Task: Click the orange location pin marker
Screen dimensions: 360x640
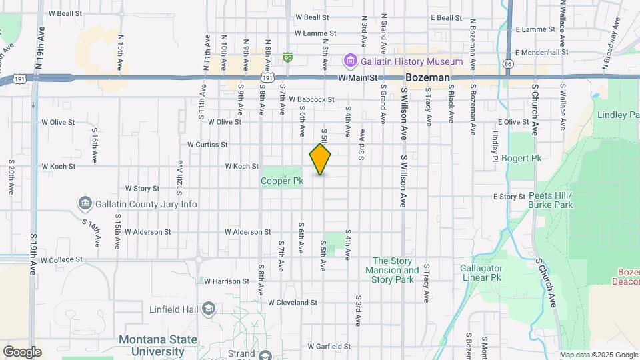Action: tap(321, 159)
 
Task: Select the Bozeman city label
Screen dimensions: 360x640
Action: tap(427, 78)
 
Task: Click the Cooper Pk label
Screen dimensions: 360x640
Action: tap(282, 181)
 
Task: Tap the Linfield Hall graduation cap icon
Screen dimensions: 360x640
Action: tap(209, 308)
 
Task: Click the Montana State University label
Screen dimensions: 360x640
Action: tap(158, 345)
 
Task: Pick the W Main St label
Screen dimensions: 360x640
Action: tap(357, 78)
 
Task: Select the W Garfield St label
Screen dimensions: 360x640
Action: tap(329, 347)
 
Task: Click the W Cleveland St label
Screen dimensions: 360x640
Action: tap(293, 302)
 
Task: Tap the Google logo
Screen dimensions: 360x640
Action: tap(22, 351)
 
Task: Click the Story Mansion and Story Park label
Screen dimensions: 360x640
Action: tap(395, 270)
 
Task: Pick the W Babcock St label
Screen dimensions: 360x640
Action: tap(311, 100)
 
